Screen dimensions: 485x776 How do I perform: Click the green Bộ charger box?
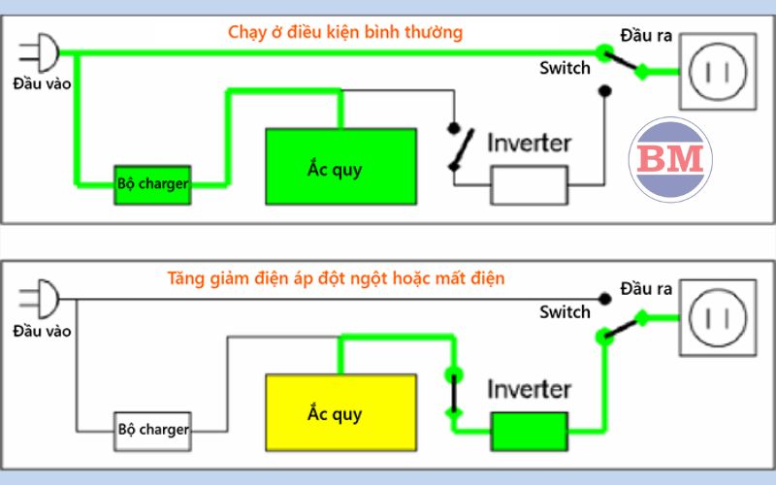[x=152, y=183]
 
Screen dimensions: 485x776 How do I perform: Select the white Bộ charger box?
[x=152, y=428]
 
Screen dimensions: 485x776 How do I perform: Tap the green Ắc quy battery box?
[x=341, y=167]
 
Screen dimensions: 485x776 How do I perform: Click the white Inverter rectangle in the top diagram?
[x=529, y=184]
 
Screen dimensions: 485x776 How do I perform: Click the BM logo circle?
[x=671, y=158]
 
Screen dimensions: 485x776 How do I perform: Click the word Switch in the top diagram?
[x=565, y=68]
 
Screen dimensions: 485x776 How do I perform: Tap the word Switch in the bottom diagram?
[x=565, y=312]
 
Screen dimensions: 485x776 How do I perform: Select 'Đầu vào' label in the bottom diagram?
[x=42, y=331]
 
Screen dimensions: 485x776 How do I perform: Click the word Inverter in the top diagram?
[x=529, y=143]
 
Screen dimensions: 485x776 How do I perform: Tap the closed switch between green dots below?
[x=451, y=393]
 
